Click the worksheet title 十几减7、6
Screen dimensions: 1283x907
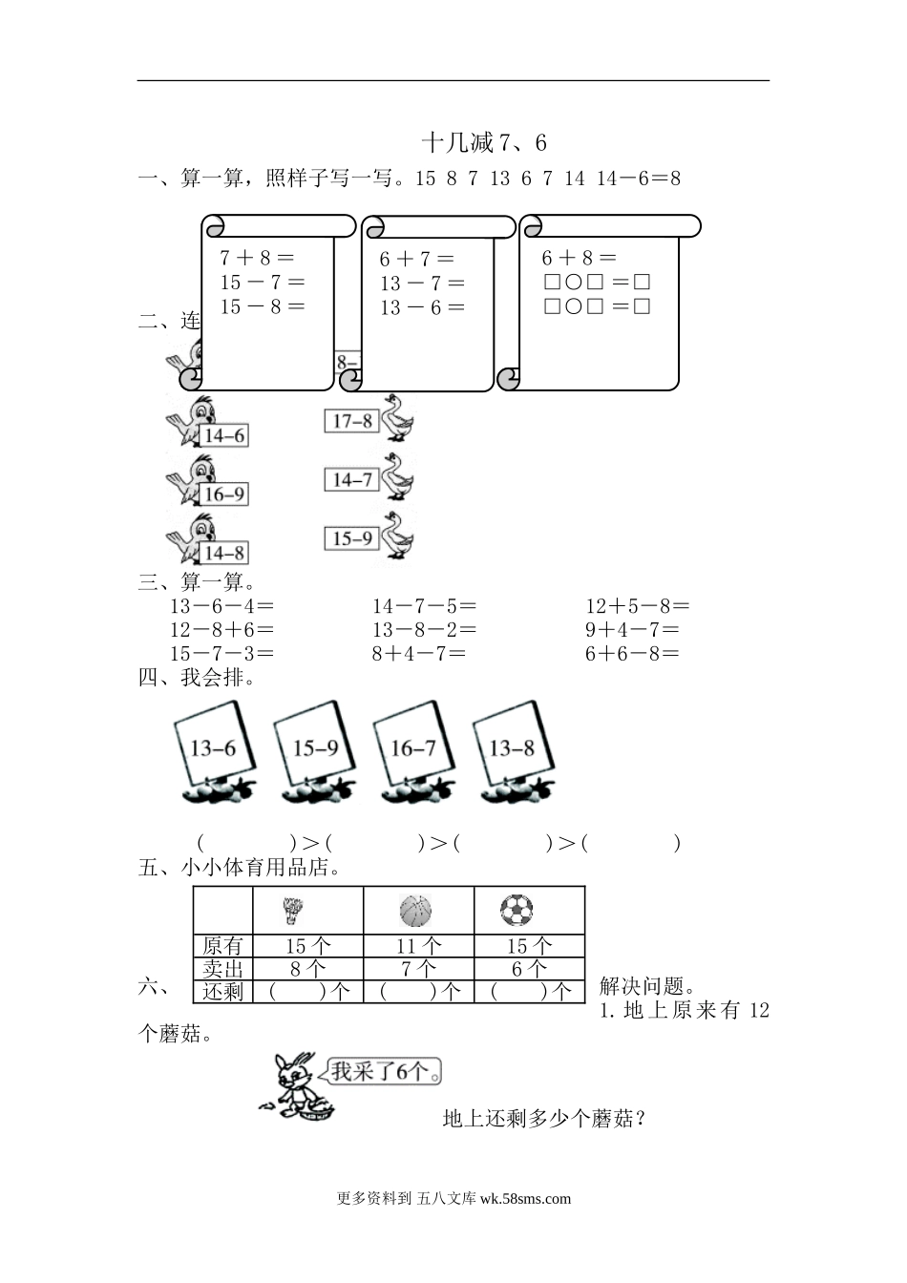click(484, 143)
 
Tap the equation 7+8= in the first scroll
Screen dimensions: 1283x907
click(257, 258)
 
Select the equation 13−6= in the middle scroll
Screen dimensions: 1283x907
click(422, 307)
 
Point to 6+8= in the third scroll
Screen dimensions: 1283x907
click(580, 258)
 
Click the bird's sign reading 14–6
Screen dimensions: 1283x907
click(224, 436)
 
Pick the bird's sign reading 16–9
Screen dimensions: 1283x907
click(224, 494)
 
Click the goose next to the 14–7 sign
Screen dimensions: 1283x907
click(398, 477)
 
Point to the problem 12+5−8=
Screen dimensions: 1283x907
click(638, 606)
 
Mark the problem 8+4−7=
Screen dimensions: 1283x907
click(419, 654)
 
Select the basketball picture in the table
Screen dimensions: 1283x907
click(416, 911)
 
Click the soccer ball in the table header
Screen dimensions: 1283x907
click(517, 911)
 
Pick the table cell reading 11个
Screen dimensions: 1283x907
click(419, 946)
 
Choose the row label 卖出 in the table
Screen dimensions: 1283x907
click(223, 969)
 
